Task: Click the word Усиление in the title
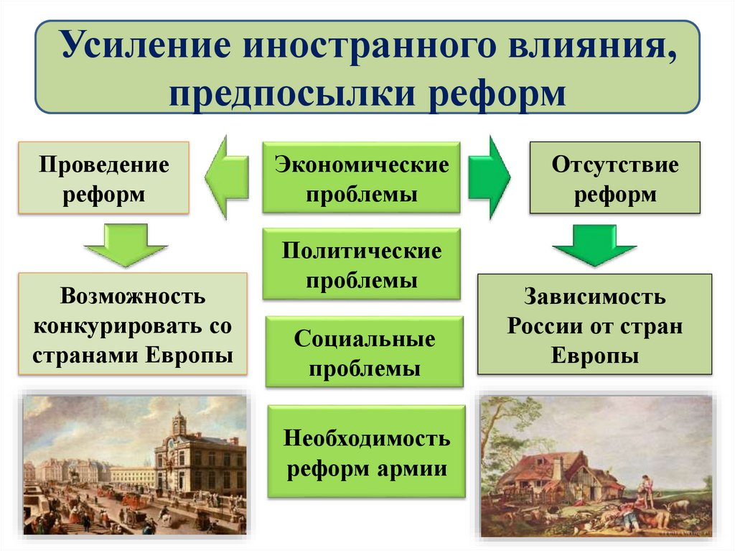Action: coord(144,48)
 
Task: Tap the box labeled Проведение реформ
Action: coord(104,178)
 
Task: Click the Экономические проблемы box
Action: coord(361,178)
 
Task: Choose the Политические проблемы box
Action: coord(361,264)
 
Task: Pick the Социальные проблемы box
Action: coord(364,353)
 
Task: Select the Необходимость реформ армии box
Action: coord(366,452)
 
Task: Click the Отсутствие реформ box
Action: coord(614,178)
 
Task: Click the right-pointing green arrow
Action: coord(490,176)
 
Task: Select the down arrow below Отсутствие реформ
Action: coord(594,245)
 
